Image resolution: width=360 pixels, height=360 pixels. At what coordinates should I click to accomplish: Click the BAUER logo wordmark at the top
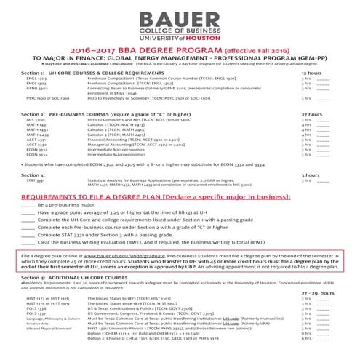point(180,17)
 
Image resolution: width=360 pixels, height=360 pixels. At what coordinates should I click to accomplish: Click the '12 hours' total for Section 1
point(311,73)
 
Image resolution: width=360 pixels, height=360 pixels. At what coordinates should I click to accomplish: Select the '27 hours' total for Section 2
point(311,114)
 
